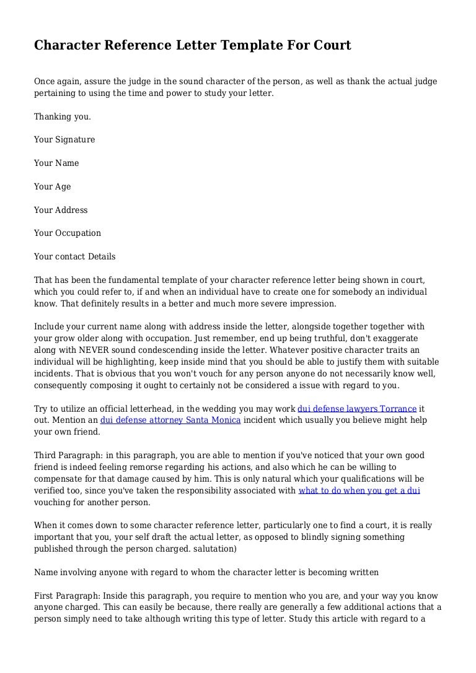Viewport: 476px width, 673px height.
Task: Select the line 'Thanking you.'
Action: click(x=63, y=116)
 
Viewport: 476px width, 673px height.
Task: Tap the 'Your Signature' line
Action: click(x=64, y=140)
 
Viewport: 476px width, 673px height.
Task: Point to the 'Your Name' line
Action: click(x=56, y=163)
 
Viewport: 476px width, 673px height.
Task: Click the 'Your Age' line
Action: click(x=53, y=187)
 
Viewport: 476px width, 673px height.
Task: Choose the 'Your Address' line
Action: click(x=61, y=211)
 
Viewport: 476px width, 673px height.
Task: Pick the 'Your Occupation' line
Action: click(x=68, y=233)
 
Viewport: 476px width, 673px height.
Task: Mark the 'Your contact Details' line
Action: click(x=74, y=257)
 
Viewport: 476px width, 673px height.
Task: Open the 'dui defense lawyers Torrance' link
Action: click(x=357, y=409)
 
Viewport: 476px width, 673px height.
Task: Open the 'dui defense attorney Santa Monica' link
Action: click(x=170, y=420)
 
